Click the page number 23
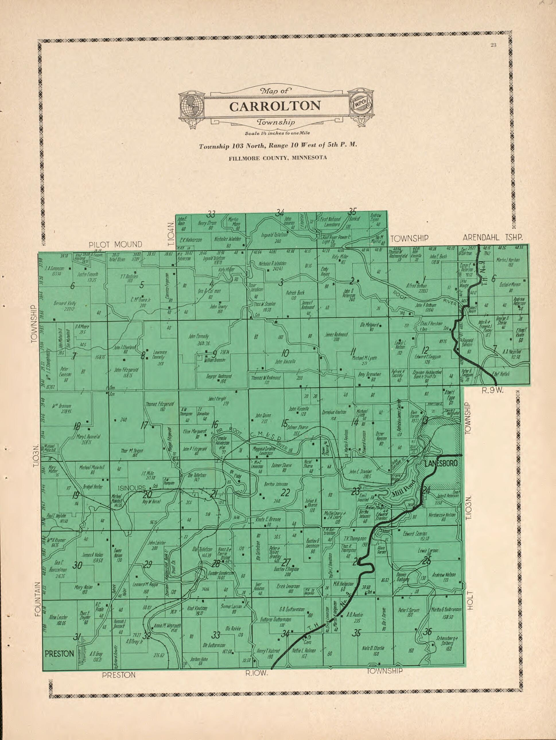[x=493, y=46]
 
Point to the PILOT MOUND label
[x=115, y=244]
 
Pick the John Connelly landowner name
[x=198, y=336]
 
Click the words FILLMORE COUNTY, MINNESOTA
[x=278, y=158]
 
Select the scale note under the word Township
[x=277, y=133]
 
